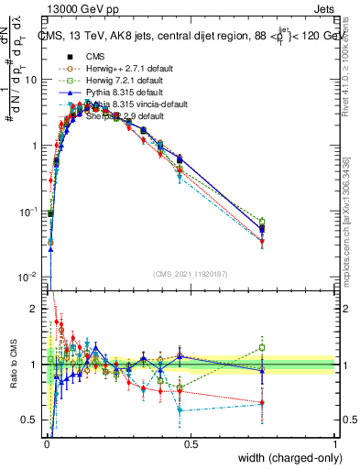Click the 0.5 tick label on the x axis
[191, 444]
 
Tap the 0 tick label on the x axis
[46, 444]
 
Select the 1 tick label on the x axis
[334, 444]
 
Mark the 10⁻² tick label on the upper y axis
[27, 277]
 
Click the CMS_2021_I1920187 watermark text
[191, 274]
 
